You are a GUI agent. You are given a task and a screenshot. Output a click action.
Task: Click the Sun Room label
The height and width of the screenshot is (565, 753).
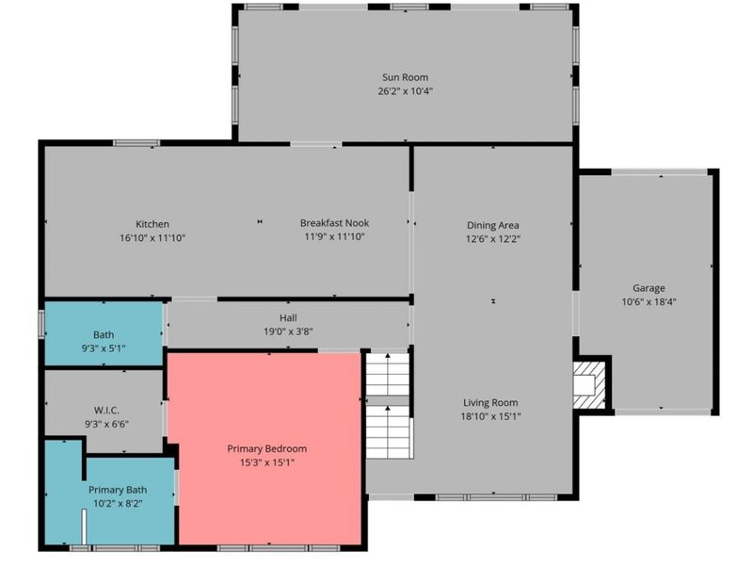[405, 77]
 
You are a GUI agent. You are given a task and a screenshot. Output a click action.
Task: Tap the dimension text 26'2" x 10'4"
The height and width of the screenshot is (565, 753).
[406, 91]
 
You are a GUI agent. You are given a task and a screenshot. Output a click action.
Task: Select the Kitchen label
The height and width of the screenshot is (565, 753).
[152, 224]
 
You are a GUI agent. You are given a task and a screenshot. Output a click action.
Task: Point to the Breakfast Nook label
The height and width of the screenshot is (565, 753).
[334, 223]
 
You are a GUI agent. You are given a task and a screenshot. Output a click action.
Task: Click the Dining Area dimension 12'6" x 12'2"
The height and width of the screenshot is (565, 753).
[492, 239]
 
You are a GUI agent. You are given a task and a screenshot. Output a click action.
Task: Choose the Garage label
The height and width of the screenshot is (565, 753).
[649, 288]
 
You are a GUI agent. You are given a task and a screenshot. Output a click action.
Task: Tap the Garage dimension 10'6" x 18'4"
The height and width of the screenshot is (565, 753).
[649, 302]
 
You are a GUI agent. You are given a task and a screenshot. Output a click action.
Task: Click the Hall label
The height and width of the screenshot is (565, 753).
[288, 317]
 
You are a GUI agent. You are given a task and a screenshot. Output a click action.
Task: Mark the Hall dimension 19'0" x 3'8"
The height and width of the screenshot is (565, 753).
[288, 331]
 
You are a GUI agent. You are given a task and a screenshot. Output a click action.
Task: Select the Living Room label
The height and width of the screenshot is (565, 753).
[490, 403]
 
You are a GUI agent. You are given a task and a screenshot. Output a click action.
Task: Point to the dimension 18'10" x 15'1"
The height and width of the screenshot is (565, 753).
[490, 416]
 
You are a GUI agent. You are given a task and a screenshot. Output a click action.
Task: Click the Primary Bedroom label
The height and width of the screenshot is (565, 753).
[267, 449]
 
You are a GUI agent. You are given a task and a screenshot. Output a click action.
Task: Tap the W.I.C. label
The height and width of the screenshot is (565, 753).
[106, 411]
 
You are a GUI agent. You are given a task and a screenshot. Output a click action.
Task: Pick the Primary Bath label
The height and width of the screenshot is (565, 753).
[118, 490]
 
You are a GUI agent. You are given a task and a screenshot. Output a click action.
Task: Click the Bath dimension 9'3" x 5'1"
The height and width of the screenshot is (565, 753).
[104, 348]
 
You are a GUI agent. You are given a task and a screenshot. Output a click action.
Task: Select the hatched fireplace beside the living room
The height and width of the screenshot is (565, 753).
[589, 385]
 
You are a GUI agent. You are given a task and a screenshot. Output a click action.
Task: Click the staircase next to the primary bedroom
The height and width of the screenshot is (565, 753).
[388, 406]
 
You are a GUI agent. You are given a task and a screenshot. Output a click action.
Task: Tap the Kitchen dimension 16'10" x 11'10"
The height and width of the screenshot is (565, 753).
[152, 238]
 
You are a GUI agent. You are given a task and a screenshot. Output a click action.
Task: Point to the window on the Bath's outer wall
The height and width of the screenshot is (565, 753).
[41, 324]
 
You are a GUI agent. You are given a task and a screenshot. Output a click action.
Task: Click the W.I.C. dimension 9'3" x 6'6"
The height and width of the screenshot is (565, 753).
[106, 425]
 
